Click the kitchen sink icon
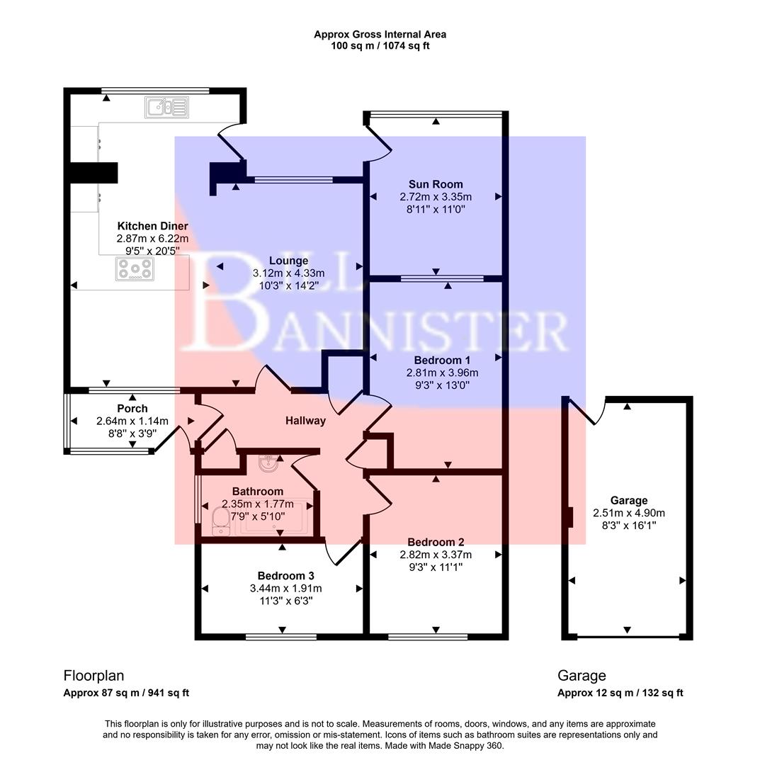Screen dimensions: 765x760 coord(168,108)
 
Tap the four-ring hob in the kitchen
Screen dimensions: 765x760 coord(135,269)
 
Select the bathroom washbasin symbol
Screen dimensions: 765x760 coord(269,465)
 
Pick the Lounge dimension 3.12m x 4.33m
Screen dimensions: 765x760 coord(288,273)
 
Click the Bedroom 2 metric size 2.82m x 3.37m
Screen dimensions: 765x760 coord(436,555)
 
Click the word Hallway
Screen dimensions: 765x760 coord(305,421)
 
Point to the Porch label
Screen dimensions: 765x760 coord(132,409)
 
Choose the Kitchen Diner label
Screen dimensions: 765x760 coord(152,226)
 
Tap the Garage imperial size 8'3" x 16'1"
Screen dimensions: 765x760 coord(629,526)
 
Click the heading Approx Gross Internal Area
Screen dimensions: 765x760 coord(380,34)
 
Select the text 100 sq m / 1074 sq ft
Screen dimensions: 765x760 coord(380,46)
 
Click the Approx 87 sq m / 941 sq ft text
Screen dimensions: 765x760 coord(126,693)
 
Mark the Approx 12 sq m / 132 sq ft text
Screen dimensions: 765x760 coord(620,693)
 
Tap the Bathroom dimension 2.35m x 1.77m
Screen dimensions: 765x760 coord(253,504)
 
